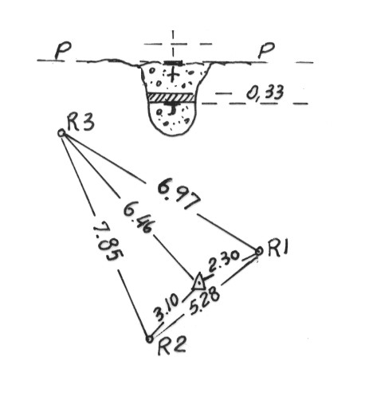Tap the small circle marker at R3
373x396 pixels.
(x=61, y=133)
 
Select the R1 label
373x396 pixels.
(x=278, y=248)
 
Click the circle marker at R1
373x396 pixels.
(x=259, y=251)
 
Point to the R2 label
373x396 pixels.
(x=171, y=346)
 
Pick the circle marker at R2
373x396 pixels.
(x=150, y=339)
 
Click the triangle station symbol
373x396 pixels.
(x=198, y=282)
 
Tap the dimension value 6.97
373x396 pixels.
(x=179, y=194)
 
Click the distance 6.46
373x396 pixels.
(x=138, y=217)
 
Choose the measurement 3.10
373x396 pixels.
(x=167, y=307)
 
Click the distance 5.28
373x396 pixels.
(x=205, y=300)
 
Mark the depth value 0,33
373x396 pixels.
(x=265, y=92)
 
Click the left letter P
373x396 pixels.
(x=63, y=51)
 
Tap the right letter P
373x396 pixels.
(x=266, y=50)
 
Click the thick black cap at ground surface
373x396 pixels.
(x=173, y=63)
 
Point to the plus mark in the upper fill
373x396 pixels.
(x=172, y=75)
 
